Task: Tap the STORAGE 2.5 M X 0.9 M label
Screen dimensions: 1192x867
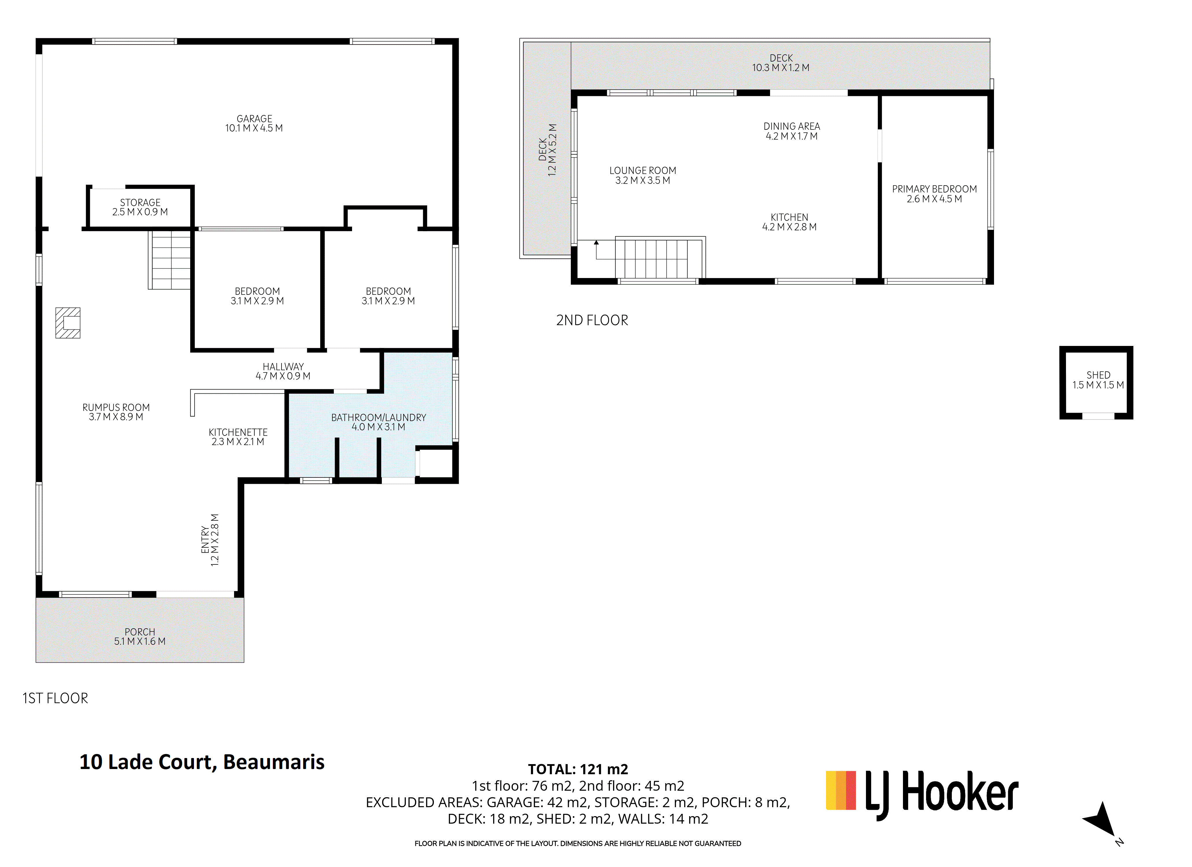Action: tap(140, 207)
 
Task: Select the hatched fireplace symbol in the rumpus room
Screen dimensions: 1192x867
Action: tap(68, 323)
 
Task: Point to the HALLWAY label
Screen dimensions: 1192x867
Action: tap(283, 367)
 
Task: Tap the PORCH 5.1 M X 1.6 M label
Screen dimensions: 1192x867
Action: tap(140, 636)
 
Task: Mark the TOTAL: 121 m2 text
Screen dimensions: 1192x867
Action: tap(578, 769)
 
